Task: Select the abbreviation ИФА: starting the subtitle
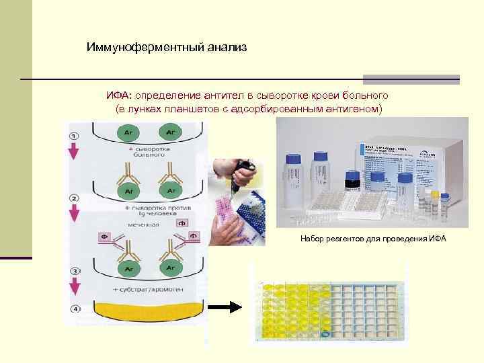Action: click(x=119, y=96)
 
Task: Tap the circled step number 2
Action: click(x=74, y=200)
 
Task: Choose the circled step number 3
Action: click(x=74, y=271)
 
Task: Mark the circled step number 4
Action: click(x=74, y=310)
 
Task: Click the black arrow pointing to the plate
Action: click(x=226, y=308)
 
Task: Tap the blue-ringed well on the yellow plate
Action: click(x=326, y=333)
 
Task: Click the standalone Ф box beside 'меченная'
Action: click(x=184, y=223)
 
